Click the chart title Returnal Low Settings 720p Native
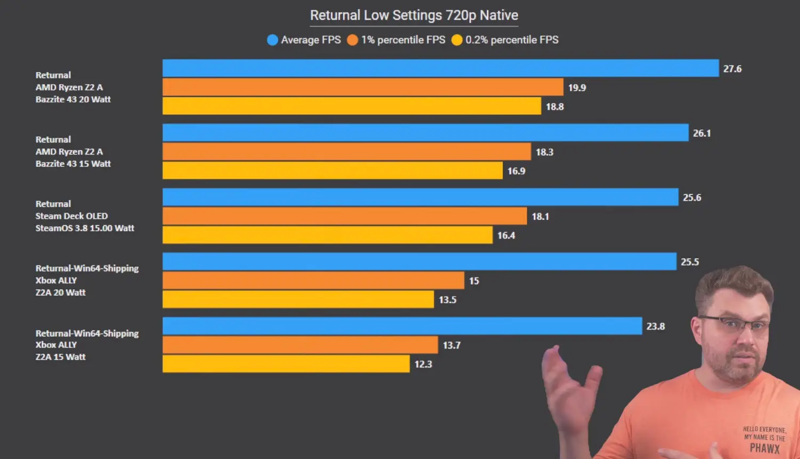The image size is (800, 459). (414, 15)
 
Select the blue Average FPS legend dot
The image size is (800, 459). (273, 40)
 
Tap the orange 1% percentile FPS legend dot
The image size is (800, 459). (352, 40)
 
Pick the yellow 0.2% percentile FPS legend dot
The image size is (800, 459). (457, 40)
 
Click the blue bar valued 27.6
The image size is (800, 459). (441, 68)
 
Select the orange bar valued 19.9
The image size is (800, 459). (363, 88)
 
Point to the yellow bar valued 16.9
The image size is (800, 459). (332, 171)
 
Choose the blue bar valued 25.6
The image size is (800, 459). (420, 197)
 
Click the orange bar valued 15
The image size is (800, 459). (313, 281)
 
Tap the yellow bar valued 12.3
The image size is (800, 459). (286, 364)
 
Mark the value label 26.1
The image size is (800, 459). (702, 133)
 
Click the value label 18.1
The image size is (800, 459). (540, 217)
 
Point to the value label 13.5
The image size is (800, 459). (447, 300)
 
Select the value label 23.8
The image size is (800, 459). (655, 326)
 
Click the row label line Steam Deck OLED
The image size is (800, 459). (71, 216)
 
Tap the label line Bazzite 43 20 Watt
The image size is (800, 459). (73, 99)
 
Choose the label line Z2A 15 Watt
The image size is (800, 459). (60, 357)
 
